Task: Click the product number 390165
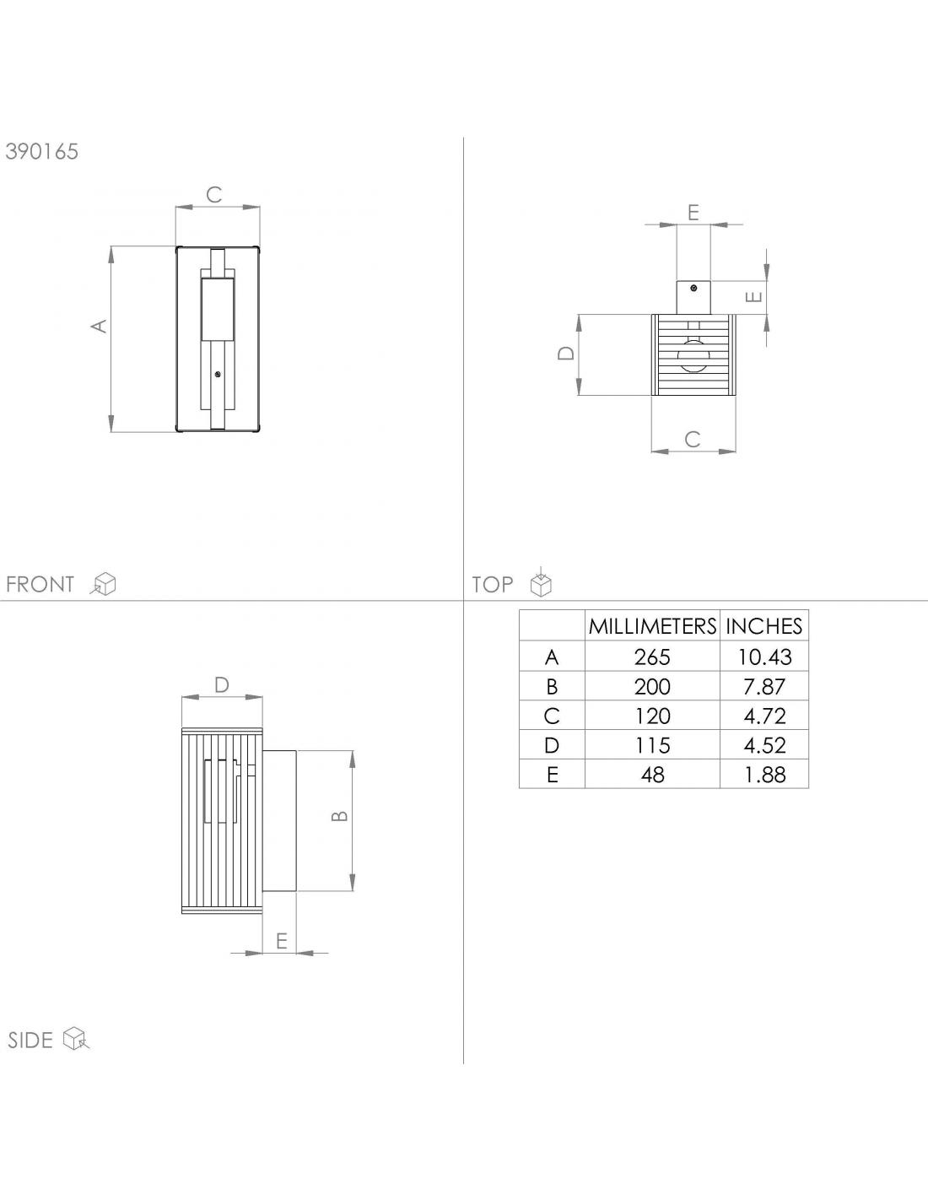(42, 151)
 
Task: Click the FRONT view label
(40, 584)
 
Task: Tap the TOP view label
(493, 584)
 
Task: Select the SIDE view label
(30, 1041)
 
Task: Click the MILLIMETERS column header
(652, 626)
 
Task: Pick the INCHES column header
(764, 626)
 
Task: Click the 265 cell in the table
(652, 657)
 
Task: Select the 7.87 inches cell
(764, 686)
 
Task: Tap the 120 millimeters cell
(652, 716)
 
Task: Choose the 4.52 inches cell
(764, 745)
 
